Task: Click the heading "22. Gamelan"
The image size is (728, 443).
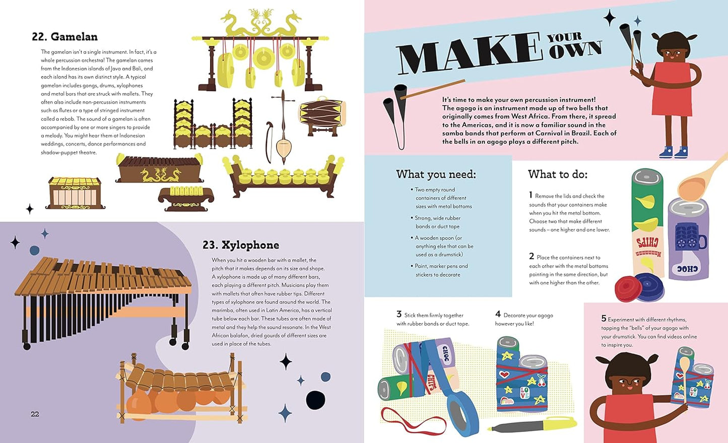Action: [x=64, y=37]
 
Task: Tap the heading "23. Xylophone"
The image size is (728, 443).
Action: [x=241, y=245]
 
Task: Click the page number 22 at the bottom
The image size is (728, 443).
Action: [x=35, y=414]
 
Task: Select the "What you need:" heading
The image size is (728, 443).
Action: [x=436, y=174]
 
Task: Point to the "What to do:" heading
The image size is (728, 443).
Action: [x=558, y=174]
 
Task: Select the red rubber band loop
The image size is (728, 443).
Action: [x=413, y=420]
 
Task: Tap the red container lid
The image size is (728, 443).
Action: [x=628, y=289]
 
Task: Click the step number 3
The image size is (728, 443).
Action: [x=399, y=314]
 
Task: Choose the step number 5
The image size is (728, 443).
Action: [x=604, y=318]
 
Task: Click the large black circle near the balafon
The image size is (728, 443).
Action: [x=315, y=400]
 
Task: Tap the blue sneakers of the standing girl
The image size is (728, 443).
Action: [x=674, y=152]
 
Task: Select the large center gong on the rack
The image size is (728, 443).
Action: [x=263, y=58]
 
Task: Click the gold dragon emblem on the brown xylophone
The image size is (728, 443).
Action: [x=160, y=174]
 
